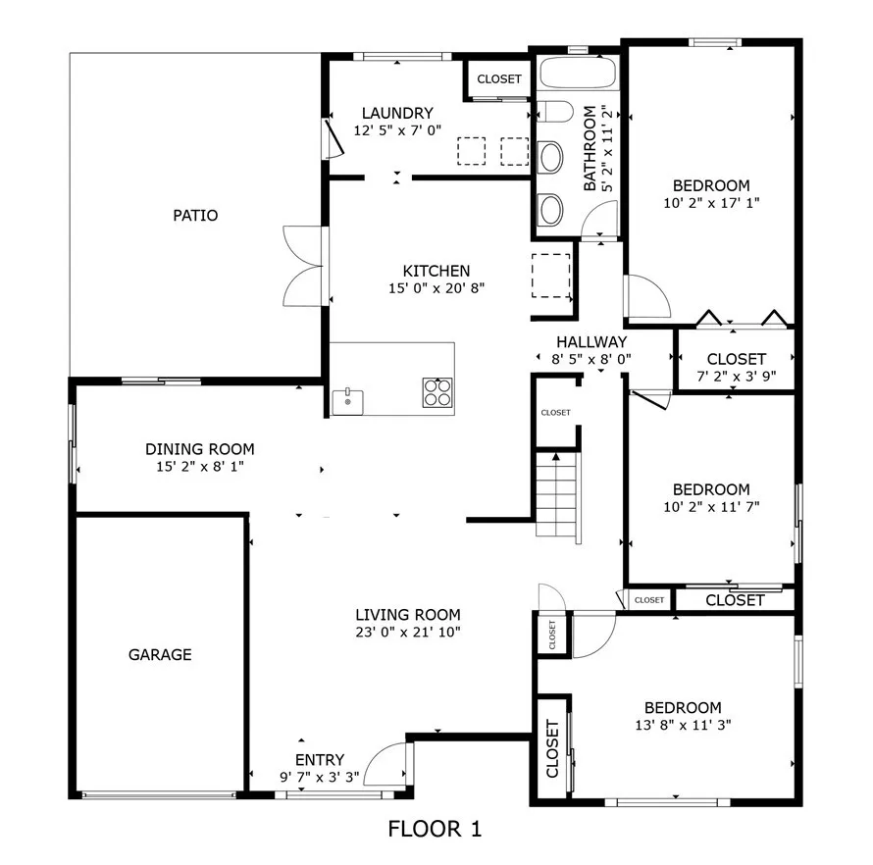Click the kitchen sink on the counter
click(347, 400)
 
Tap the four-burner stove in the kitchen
click(438, 392)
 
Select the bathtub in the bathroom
click(578, 75)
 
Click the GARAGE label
click(159, 654)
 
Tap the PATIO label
click(195, 215)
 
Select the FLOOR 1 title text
click(435, 830)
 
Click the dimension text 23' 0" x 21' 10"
click(407, 633)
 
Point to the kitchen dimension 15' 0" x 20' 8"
click(436, 288)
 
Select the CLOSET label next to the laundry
click(499, 79)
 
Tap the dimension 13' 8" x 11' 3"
click(683, 725)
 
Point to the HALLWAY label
click(591, 341)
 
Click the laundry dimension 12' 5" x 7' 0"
click(397, 129)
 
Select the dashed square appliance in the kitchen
click(551, 274)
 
